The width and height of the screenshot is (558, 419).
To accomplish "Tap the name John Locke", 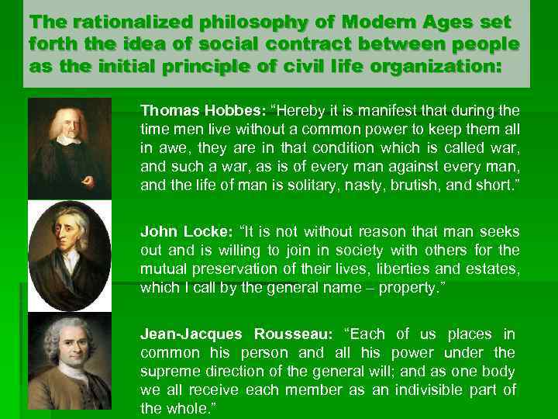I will [x=175, y=232].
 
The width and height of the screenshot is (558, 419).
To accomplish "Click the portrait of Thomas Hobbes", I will [x=69, y=147].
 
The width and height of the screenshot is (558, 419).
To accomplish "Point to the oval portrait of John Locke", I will [x=69, y=255].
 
